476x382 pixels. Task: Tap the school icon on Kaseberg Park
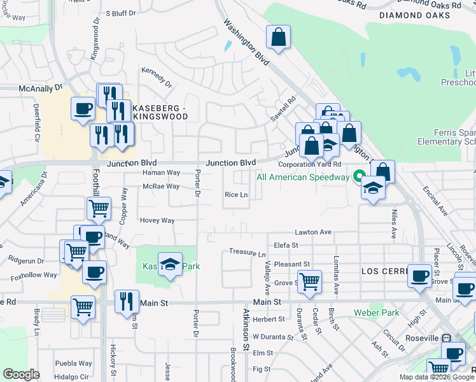(170, 264)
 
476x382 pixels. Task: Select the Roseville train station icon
(447, 338)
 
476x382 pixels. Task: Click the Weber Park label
(377, 313)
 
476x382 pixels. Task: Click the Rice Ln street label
(236, 195)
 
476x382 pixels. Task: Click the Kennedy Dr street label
(157, 78)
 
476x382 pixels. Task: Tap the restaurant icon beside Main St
(126, 300)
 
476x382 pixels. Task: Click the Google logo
(22, 374)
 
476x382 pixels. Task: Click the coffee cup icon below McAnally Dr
(83, 108)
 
